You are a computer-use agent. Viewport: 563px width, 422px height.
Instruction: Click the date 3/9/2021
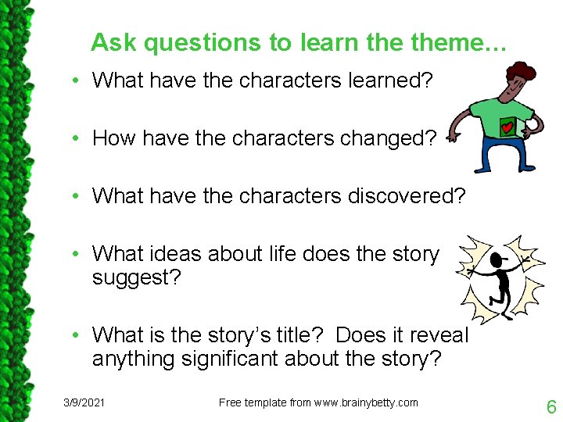[x=84, y=402]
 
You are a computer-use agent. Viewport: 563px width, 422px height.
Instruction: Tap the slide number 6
[x=551, y=406]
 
